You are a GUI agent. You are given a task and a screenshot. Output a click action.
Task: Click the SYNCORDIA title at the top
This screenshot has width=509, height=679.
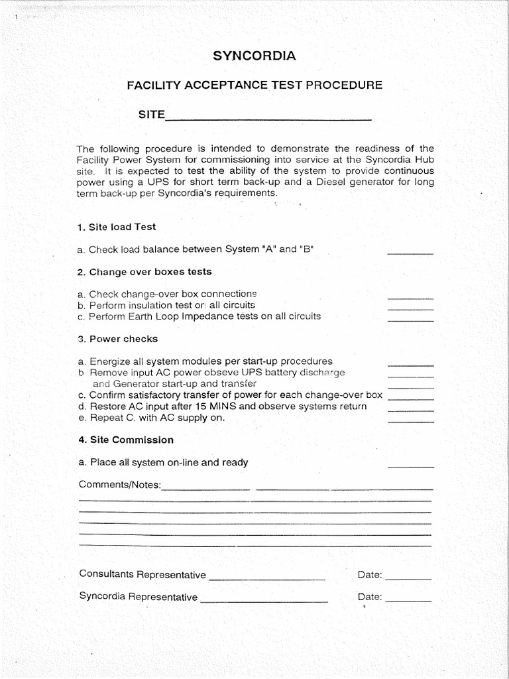click(254, 56)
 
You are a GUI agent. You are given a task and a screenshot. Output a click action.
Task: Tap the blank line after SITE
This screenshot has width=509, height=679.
click(268, 118)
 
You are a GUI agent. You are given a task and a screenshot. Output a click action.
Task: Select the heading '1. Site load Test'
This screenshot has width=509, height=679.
click(117, 227)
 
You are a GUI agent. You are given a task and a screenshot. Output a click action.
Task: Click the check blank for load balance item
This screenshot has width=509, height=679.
click(410, 252)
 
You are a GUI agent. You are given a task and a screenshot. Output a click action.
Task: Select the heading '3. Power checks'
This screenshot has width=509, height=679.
click(118, 339)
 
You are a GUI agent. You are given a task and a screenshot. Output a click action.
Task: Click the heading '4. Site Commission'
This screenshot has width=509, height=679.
click(126, 440)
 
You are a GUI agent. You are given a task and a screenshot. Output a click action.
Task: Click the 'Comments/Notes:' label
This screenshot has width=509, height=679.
click(119, 485)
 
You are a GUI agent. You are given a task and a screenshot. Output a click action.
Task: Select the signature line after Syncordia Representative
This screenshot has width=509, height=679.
click(264, 601)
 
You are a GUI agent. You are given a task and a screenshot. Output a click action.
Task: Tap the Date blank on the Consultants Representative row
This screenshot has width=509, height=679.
click(408, 578)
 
